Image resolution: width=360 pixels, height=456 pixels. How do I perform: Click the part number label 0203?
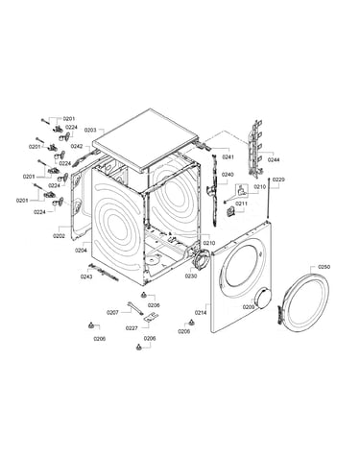(x=90, y=131)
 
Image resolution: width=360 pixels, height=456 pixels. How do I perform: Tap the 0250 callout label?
(x=324, y=267)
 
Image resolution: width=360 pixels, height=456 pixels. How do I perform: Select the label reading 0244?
(x=274, y=159)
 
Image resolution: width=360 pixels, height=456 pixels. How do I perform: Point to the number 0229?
(x=278, y=180)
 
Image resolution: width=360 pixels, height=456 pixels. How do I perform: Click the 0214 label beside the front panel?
(x=201, y=313)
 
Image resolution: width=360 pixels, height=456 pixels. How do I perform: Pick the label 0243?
(x=86, y=276)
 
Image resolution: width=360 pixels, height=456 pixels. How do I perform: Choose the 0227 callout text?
(x=132, y=328)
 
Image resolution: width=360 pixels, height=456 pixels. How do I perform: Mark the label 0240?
(x=228, y=175)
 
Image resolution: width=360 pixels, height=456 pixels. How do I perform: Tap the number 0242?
(x=77, y=146)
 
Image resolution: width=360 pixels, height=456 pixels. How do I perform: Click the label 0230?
(x=191, y=276)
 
